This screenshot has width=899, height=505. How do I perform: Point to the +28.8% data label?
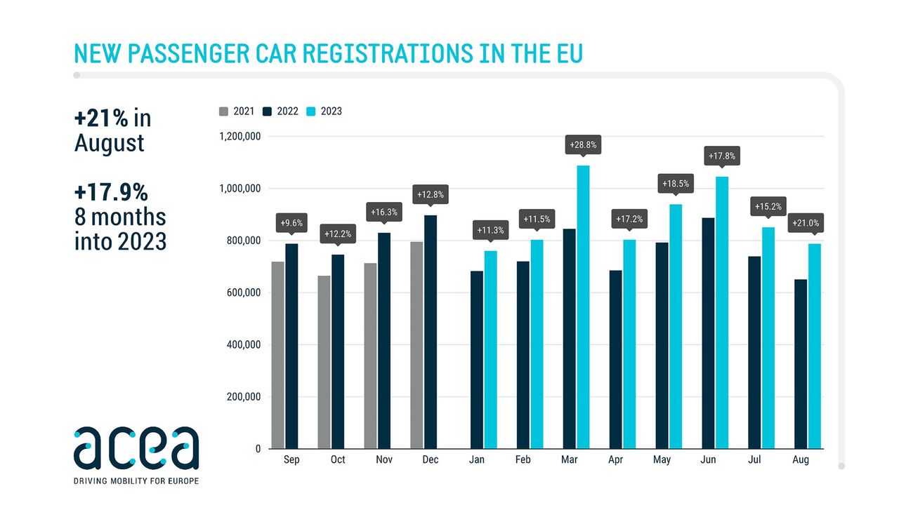[x=583, y=145]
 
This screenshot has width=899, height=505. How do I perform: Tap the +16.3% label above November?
[x=383, y=210]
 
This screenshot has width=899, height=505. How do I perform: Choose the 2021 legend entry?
[x=237, y=111]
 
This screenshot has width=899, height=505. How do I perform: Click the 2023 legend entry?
[x=325, y=111]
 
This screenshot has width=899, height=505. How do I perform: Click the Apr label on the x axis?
[x=616, y=460]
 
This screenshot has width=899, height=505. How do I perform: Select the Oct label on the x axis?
[x=338, y=460]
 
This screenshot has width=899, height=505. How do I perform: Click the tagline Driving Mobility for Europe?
[x=136, y=481]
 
